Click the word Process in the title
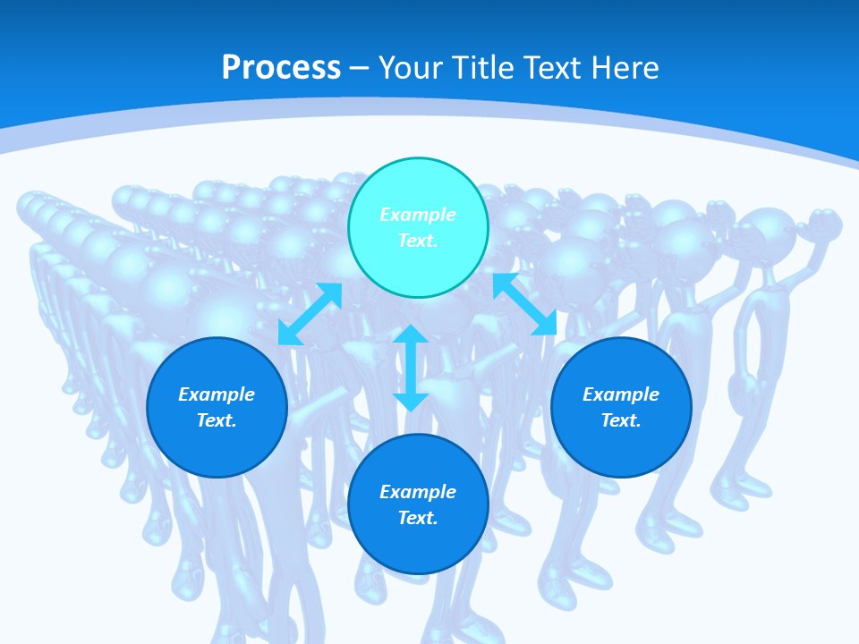pos(281,68)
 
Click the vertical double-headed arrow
pos(411,369)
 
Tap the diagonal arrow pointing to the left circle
pos(310,314)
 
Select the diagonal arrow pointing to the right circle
pos(524,305)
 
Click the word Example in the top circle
pos(418,215)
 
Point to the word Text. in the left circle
pos(217,420)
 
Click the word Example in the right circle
pos(621,394)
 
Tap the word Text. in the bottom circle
pos(418,518)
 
